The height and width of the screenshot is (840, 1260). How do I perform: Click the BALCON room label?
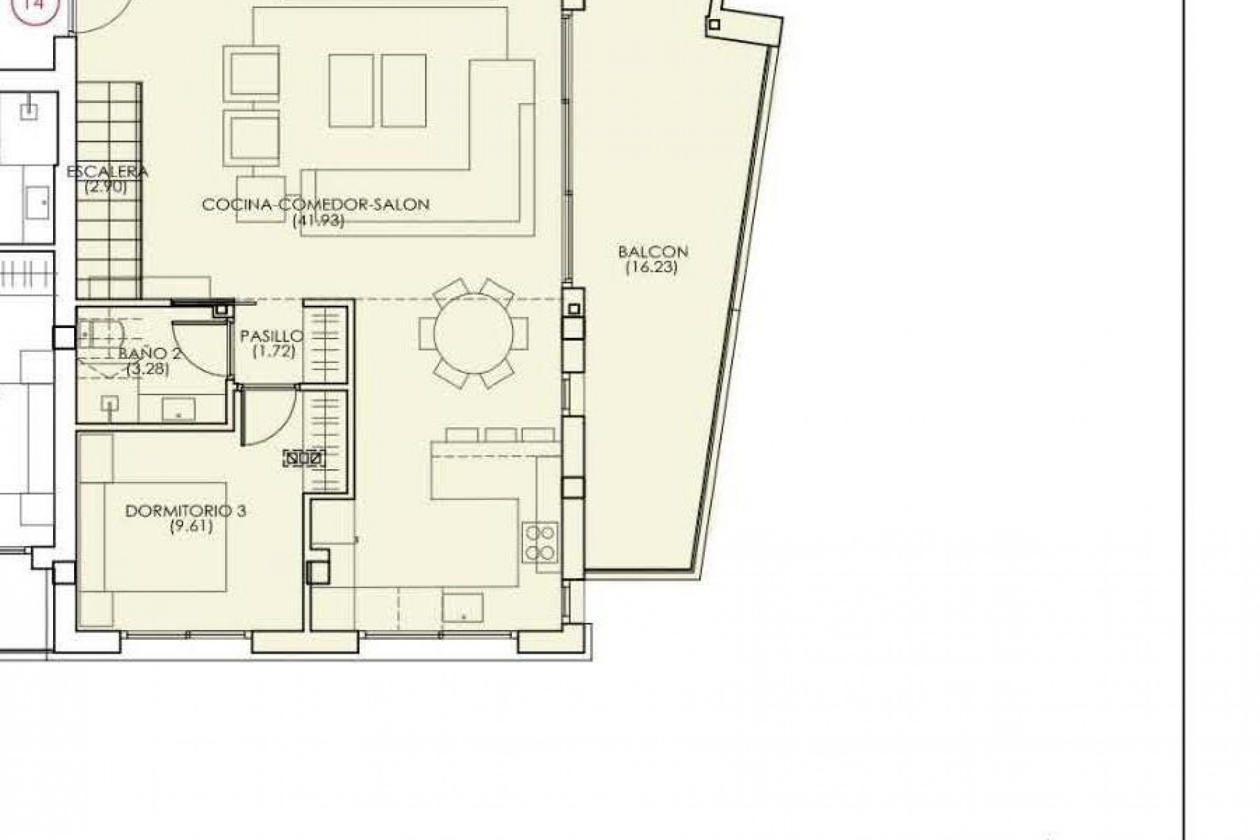[x=652, y=251]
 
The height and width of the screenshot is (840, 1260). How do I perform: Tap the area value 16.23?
[x=651, y=267]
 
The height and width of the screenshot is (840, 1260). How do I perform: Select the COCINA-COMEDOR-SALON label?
[x=316, y=205]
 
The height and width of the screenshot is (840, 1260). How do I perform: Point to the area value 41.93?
[x=318, y=220]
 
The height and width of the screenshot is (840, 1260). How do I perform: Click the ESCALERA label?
[x=108, y=172]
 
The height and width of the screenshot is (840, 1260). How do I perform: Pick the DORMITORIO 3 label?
[x=186, y=511]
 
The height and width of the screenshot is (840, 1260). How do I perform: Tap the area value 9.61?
[x=191, y=526]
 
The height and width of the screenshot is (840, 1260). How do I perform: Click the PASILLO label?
[x=271, y=337]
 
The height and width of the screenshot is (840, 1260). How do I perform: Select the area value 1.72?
[x=274, y=352]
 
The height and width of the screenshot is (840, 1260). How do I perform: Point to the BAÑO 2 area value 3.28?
[x=148, y=369]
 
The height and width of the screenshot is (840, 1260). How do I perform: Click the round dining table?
[x=474, y=333]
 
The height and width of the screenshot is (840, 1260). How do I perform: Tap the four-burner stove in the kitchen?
[x=540, y=542]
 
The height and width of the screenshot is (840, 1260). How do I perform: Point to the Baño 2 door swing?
[x=200, y=348]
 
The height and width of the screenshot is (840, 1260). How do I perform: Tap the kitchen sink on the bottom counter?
[x=463, y=606]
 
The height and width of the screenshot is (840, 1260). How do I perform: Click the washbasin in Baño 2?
[x=178, y=408]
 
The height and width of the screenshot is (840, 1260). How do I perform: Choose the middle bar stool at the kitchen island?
[x=501, y=434]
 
